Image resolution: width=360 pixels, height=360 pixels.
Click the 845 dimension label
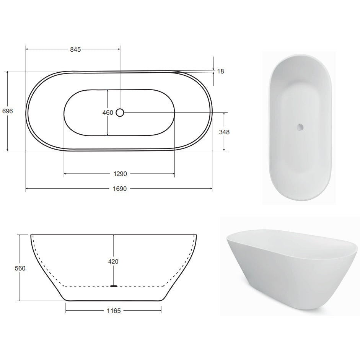click(75, 49)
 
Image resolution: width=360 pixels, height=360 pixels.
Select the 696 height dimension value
click(7, 111)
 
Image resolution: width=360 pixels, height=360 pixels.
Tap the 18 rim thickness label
click(220, 72)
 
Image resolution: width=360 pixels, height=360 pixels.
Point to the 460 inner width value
click(108, 113)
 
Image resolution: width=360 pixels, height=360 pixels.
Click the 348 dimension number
click(224, 132)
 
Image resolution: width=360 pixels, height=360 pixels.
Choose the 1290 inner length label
click(120, 174)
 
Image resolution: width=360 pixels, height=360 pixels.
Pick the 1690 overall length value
click(120, 189)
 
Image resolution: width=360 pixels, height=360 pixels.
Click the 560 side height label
click(20, 268)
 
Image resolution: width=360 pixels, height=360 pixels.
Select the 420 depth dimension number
click(113, 262)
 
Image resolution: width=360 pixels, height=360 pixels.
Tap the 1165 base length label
click(114, 311)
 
